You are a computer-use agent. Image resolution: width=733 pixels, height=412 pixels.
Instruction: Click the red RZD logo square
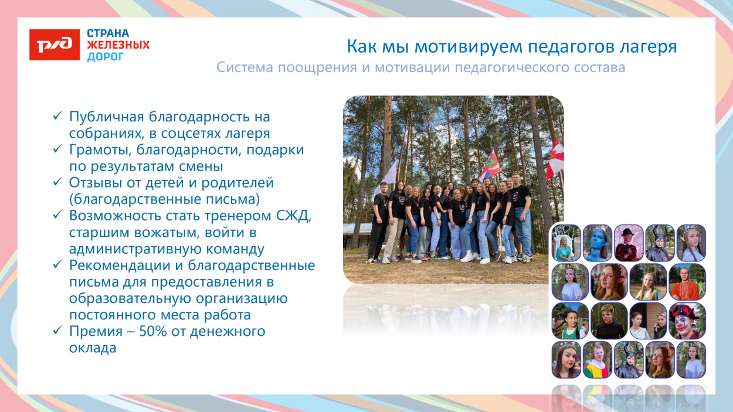pos(54,45)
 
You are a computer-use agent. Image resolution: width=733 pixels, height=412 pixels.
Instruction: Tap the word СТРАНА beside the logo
pos(108,33)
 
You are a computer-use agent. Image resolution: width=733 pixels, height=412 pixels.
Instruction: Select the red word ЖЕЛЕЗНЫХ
pos(118,45)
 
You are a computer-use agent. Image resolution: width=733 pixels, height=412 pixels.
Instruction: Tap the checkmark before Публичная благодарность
pos(57,117)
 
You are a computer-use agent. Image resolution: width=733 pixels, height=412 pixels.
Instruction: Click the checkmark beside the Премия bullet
pos(57,332)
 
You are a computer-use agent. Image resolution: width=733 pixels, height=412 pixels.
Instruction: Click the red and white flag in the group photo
pos(554,159)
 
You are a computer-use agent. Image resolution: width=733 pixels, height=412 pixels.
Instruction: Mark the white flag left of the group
pos(388,176)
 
